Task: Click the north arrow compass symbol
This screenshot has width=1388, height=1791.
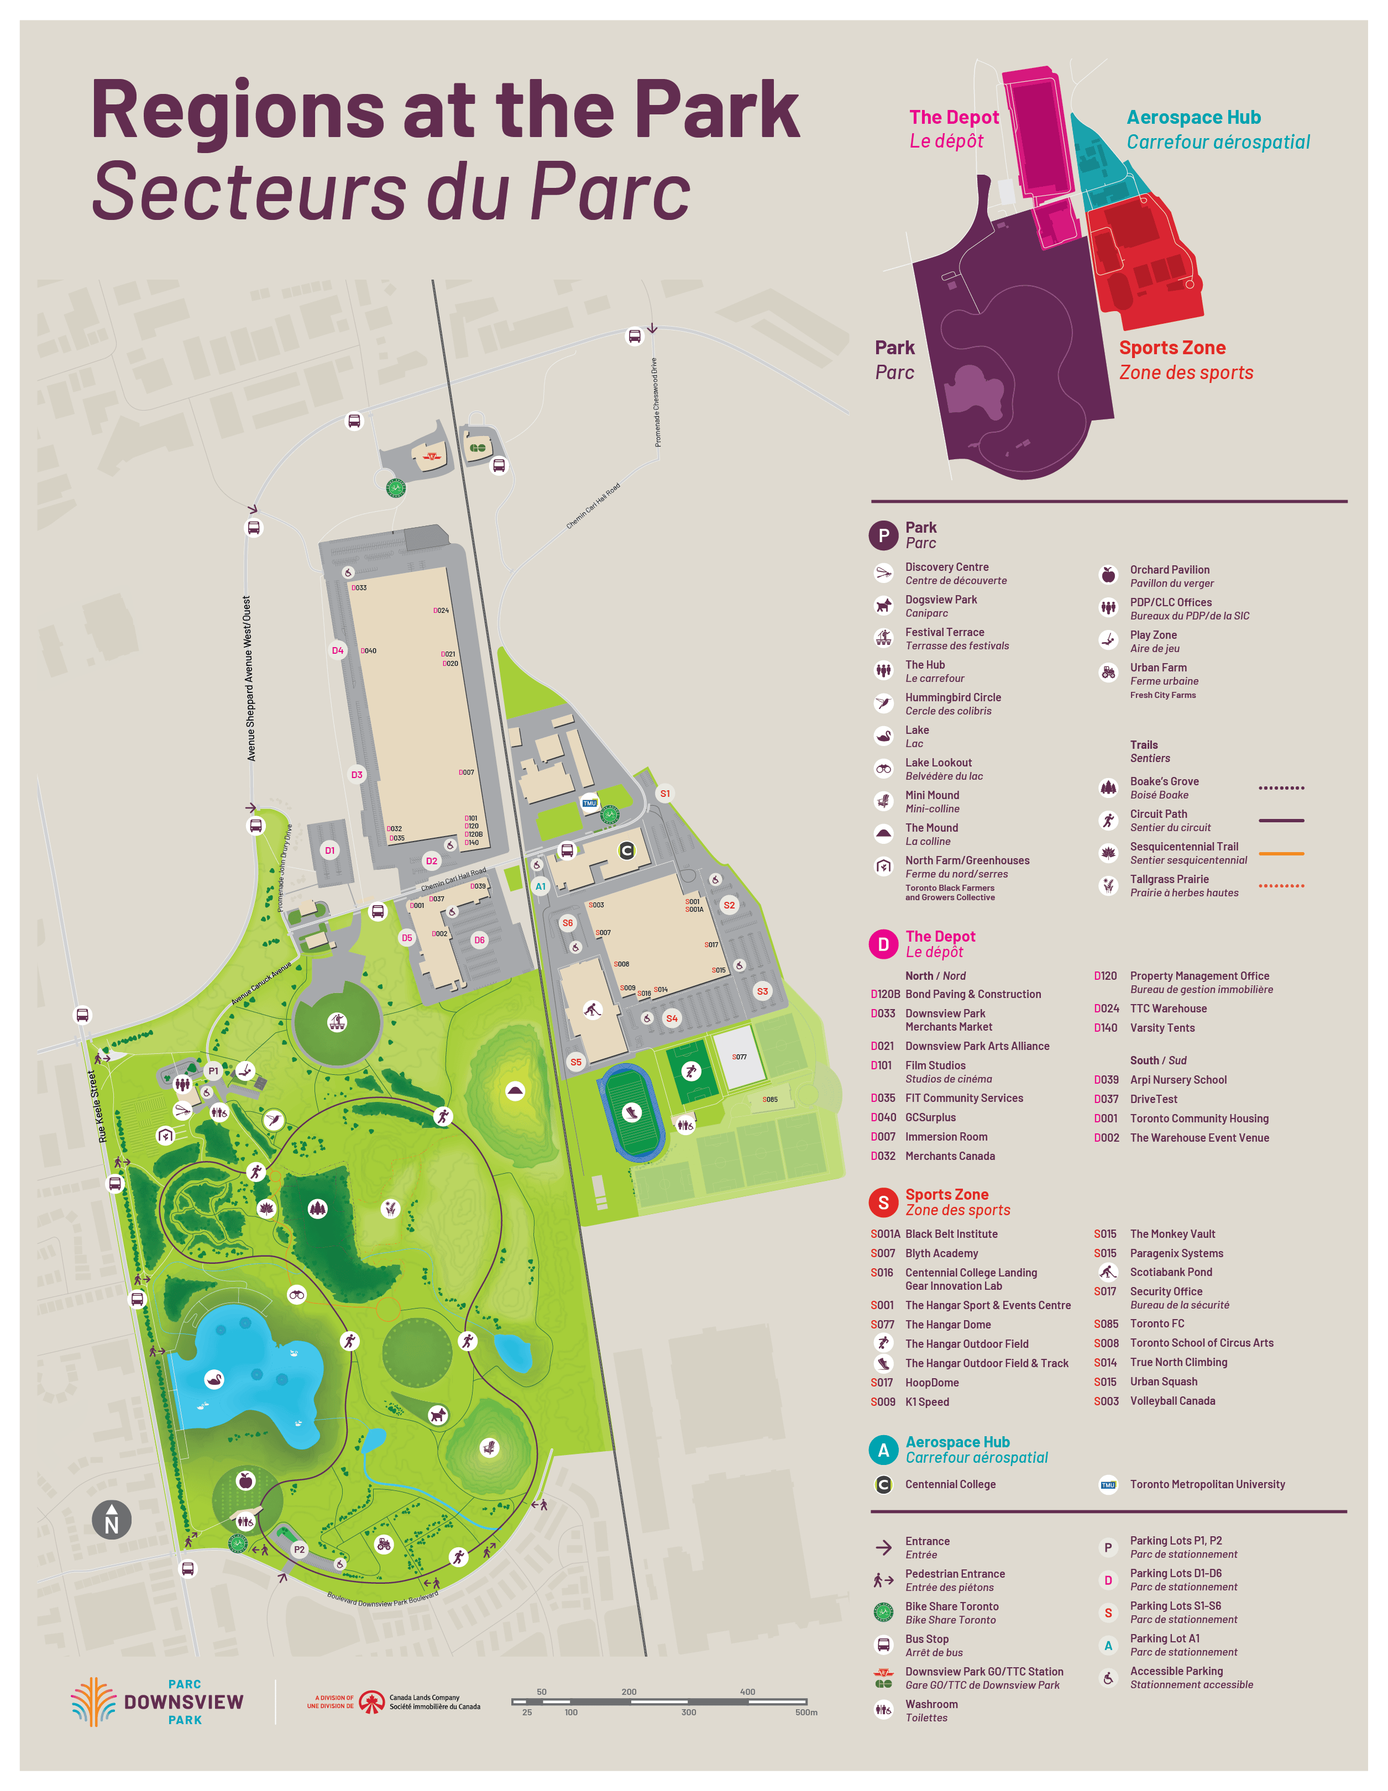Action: click(112, 1520)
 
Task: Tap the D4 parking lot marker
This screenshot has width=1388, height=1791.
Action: click(337, 650)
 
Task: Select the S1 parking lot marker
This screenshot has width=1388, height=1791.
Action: click(664, 793)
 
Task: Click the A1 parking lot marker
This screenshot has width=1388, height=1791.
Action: click(540, 886)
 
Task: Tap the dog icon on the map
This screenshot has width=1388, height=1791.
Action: click(439, 1415)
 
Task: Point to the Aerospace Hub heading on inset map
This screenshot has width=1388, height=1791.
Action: click(1193, 117)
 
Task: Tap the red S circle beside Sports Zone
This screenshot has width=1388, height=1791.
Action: click(883, 1202)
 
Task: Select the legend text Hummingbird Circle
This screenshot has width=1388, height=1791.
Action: click(952, 697)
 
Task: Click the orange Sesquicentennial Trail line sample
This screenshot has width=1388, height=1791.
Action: click(1281, 854)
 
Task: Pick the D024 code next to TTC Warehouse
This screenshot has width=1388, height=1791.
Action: click(1106, 1009)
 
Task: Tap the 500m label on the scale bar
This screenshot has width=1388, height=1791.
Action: click(805, 1713)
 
